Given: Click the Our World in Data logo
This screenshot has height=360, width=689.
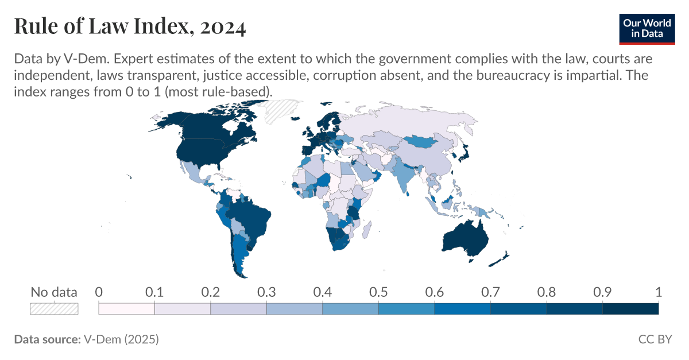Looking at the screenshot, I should click(x=647, y=27).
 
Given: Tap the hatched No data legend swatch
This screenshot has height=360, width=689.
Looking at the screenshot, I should click(x=53, y=309).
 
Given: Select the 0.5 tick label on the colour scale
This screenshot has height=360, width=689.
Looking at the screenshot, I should click(x=378, y=292).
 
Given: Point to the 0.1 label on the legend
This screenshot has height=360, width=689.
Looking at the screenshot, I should click(x=154, y=292).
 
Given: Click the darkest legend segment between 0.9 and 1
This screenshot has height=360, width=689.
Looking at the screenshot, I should click(x=630, y=309).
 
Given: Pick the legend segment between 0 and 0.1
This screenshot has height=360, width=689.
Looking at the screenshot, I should click(x=127, y=309).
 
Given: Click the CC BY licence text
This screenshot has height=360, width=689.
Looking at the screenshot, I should click(x=655, y=339).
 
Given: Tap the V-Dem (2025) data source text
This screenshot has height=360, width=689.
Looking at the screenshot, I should click(x=121, y=339).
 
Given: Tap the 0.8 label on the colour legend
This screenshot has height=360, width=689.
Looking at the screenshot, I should click(x=546, y=292).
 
